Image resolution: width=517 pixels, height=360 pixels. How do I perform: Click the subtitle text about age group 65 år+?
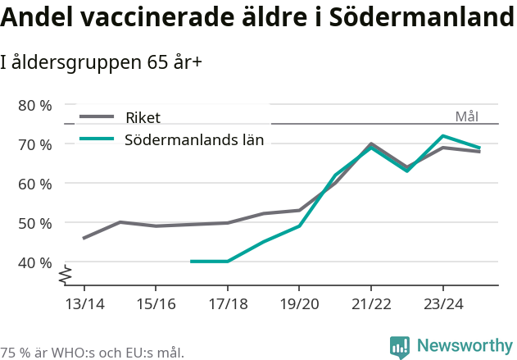click(102, 62)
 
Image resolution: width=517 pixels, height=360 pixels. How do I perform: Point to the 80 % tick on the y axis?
click(35, 105)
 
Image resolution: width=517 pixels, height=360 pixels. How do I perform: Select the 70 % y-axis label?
click(35, 144)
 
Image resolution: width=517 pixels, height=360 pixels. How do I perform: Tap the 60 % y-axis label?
click(35, 184)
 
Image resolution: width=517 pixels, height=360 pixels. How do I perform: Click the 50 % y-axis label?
click(35, 223)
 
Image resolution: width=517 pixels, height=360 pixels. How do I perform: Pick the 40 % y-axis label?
click(35, 262)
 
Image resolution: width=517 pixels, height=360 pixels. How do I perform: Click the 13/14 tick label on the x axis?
click(84, 304)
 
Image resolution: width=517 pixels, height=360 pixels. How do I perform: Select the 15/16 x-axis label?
click(156, 304)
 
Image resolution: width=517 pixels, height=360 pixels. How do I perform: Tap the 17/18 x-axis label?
click(227, 304)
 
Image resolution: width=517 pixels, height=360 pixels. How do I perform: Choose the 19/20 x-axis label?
click(299, 304)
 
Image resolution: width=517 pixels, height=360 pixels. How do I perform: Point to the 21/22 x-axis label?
click(371, 304)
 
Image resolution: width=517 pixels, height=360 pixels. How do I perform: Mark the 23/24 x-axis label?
click(442, 304)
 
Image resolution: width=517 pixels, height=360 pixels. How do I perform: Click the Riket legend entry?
click(143, 117)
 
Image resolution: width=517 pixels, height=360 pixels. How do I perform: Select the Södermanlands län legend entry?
click(193, 139)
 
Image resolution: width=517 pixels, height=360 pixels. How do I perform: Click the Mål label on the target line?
click(466, 116)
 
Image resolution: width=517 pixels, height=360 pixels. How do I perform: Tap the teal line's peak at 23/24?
click(442, 136)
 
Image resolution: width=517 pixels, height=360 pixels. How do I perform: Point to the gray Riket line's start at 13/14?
click(84, 238)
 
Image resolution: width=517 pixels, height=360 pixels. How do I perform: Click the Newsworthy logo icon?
click(400, 347)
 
